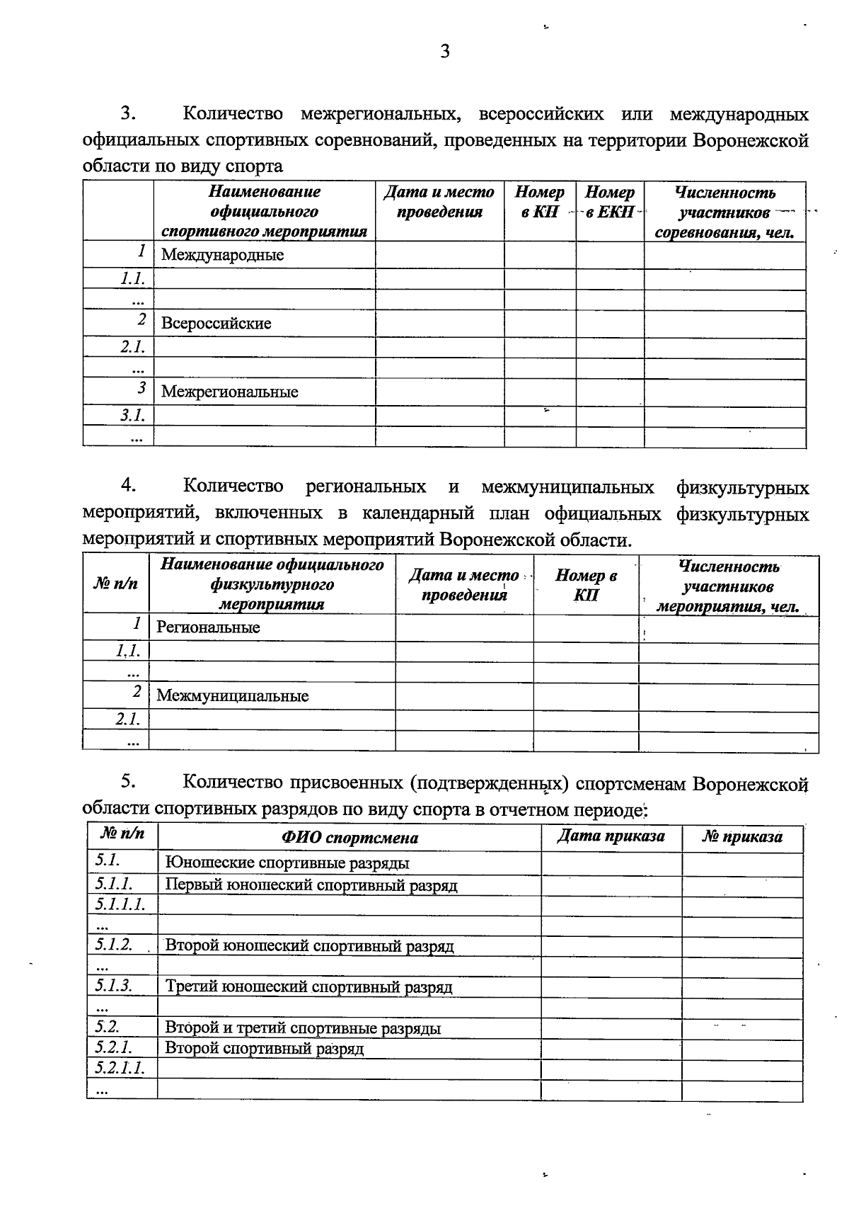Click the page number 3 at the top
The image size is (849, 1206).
[445, 51]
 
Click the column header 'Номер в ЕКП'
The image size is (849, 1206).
[609, 203]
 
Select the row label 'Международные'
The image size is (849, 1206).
[222, 255]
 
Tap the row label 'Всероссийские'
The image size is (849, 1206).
[216, 324]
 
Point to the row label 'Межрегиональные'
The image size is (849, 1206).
[229, 392]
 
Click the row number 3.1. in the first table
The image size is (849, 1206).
[132, 415]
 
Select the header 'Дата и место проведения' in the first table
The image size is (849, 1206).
[439, 202]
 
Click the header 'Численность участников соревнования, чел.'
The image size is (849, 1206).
[724, 212]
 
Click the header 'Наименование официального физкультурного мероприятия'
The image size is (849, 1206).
[272, 584]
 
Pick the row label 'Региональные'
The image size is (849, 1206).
[208, 627]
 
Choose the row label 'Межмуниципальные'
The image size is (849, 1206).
[232, 696]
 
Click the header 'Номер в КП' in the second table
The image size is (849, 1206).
[585, 585]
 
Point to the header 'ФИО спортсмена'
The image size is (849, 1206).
[350, 838]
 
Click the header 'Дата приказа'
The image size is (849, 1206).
[611, 836]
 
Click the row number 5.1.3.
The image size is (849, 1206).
[113, 985]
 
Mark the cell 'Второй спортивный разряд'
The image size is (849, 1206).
[264, 1048]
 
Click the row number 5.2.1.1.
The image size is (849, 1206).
[120, 1068]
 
